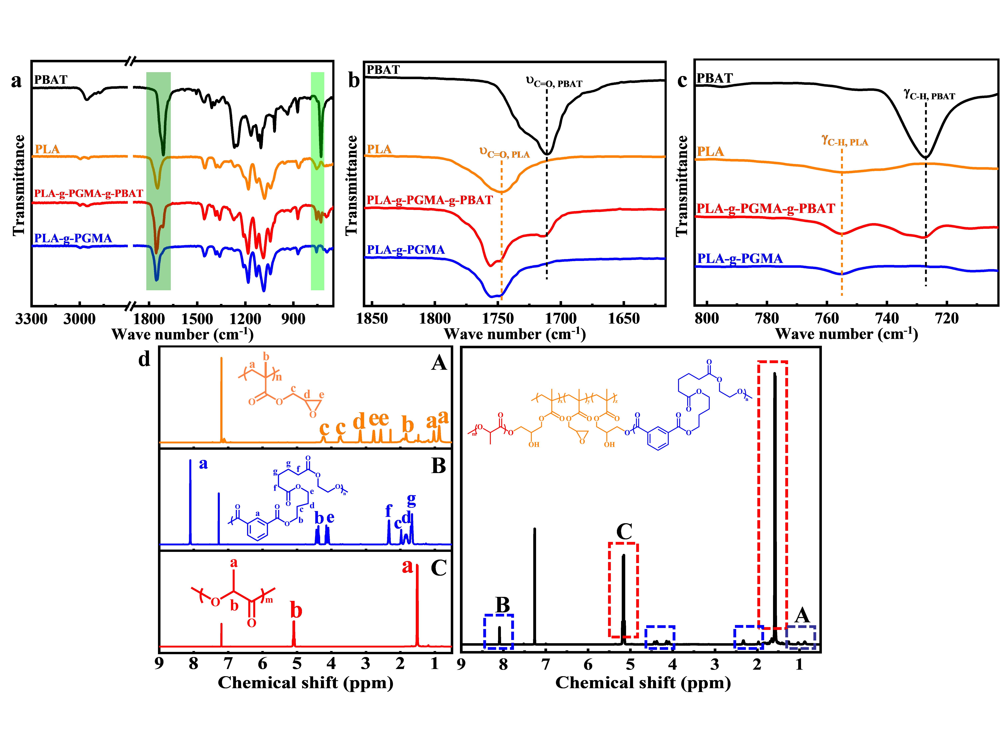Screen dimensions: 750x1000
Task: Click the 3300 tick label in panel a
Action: point(31,319)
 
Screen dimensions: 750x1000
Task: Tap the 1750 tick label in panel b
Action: point(498,319)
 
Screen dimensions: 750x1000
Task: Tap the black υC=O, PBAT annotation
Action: point(554,82)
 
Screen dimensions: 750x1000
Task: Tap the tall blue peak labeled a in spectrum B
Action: point(190,502)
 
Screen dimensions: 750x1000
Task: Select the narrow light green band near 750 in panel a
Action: point(317,181)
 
